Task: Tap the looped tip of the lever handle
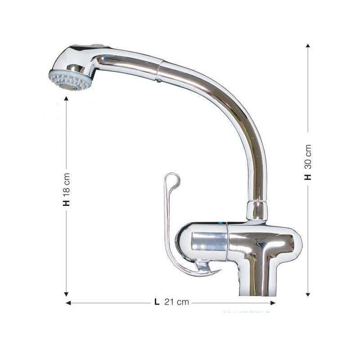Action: click(173, 180)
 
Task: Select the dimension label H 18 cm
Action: click(67, 189)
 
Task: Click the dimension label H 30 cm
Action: click(308, 162)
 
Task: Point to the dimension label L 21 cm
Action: click(171, 302)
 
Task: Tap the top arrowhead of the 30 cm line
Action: click(308, 46)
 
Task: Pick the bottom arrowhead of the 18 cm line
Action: click(67, 294)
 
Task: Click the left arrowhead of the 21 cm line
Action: click(68, 303)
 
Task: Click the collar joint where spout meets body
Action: click(257, 211)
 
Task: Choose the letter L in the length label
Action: click(157, 302)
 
